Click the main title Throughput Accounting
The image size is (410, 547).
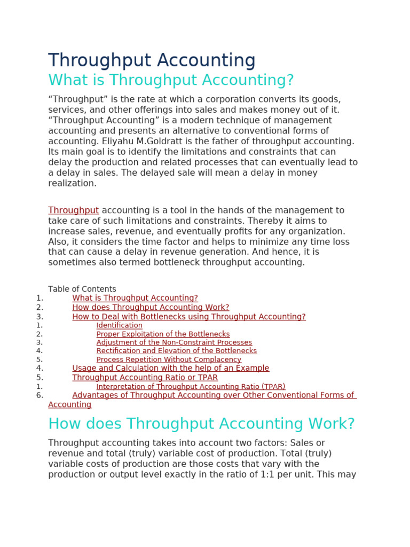click(x=152, y=60)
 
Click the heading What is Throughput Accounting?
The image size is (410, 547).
click(x=171, y=80)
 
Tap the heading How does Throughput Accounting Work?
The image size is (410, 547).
click(x=201, y=424)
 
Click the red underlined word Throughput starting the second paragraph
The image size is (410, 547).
click(x=73, y=210)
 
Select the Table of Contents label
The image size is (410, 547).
click(x=82, y=289)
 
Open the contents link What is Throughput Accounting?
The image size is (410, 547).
click(x=135, y=298)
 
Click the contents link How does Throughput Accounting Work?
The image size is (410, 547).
click(x=151, y=307)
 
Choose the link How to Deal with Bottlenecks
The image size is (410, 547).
click(x=189, y=317)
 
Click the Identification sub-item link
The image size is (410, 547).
click(x=119, y=325)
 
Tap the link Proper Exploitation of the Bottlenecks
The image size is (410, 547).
click(x=163, y=334)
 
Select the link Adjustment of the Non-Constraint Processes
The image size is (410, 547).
click(x=174, y=342)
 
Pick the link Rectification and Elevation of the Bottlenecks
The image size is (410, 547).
click(x=176, y=351)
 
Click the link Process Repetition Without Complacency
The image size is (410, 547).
click(x=169, y=360)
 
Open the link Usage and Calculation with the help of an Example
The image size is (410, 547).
click(x=170, y=368)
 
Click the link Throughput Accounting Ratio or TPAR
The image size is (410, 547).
click(x=145, y=378)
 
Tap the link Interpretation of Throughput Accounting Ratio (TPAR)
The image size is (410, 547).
click(x=191, y=386)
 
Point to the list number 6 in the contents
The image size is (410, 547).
click(x=40, y=395)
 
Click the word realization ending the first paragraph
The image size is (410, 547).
click(x=72, y=183)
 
